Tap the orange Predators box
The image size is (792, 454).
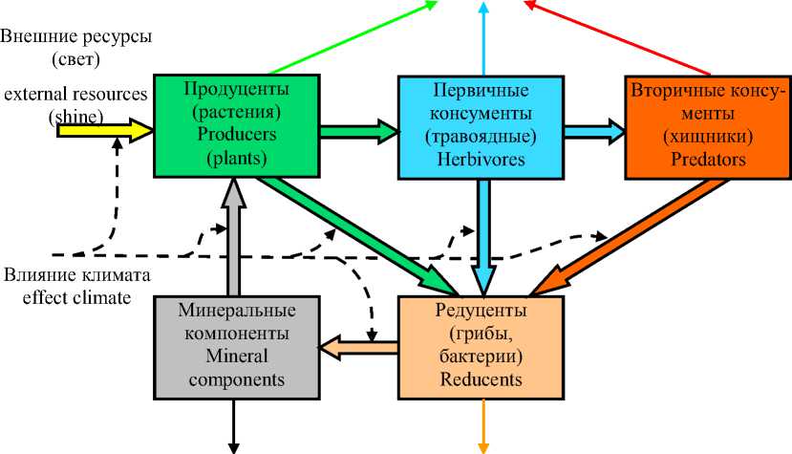point(708,125)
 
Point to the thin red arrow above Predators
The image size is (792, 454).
point(621,38)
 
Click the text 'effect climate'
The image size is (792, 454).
point(67,297)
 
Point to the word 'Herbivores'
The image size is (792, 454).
point(482,160)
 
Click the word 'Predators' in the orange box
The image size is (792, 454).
point(708,160)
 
